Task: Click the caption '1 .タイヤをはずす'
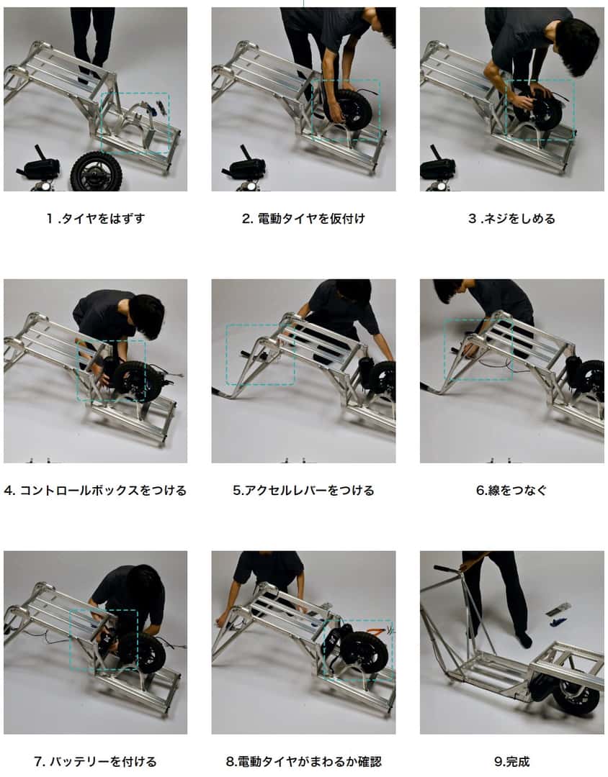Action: pyautogui.click(x=95, y=219)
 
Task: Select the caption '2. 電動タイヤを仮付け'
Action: pyautogui.click(x=303, y=219)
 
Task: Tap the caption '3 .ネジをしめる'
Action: pyautogui.click(x=511, y=219)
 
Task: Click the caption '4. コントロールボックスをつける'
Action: pyautogui.click(x=95, y=491)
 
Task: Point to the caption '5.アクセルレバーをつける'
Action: pyautogui.click(x=303, y=491)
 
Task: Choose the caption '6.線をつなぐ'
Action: pyautogui.click(x=511, y=491)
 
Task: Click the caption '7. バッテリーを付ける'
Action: pyautogui.click(x=95, y=761)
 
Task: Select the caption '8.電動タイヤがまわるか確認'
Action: pyautogui.click(x=303, y=761)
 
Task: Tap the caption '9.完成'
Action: pyautogui.click(x=511, y=761)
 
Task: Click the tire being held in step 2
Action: pyautogui.click(x=351, y=109)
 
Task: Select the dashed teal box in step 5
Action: pyautogui.click(x=260, y=354)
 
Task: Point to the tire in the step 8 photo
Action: pyautogui.click(x=364, y=651)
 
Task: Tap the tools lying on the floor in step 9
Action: pyautogui.click(x=558, y=613)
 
